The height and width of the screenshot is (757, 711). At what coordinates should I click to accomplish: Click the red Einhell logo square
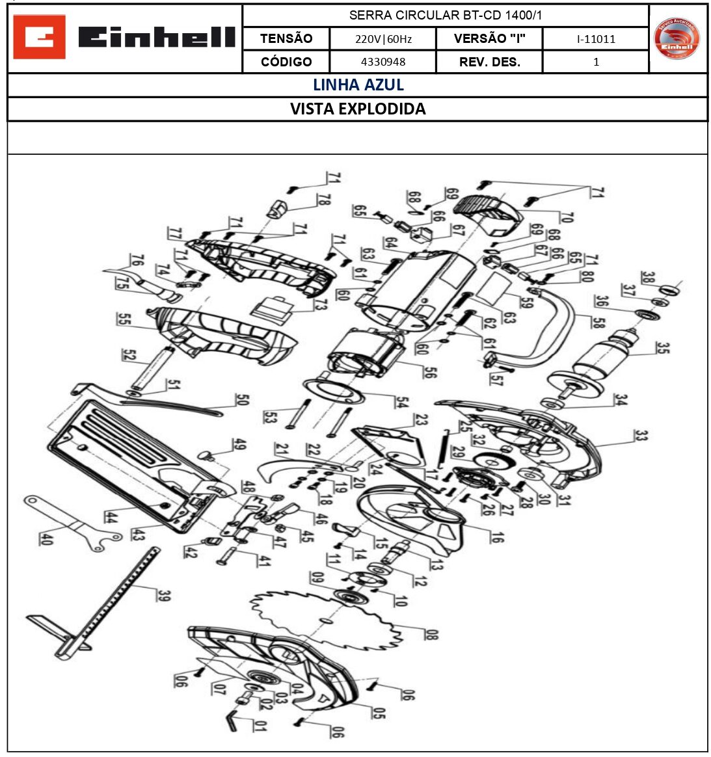(x=39, y=37)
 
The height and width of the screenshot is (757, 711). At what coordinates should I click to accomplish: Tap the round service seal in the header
(x=677, y=38)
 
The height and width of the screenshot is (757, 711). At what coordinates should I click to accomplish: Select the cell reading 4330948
(x=382, y=62)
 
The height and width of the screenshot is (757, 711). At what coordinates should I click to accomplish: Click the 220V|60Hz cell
(x=382, y=39)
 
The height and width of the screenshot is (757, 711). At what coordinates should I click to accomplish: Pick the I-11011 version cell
(x=595, y=39)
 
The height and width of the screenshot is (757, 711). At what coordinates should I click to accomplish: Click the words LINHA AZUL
(x=358, y=85)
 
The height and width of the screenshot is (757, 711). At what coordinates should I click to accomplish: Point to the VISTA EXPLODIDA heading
(x=358, y=109)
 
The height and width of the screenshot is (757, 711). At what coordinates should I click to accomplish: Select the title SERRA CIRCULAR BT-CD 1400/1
(x=445, y=15)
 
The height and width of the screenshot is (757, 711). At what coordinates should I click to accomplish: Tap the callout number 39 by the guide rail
(x=164, y=595)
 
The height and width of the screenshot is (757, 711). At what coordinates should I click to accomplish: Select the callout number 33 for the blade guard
(x=641, y=435)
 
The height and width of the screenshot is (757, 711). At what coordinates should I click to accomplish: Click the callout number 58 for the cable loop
(x=598, y=321)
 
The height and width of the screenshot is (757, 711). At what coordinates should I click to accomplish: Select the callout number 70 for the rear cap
(x=566, y=217)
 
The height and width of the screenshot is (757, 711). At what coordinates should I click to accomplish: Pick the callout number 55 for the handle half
(x=124, y=319)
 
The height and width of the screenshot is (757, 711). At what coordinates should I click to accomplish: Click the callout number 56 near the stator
(x=430, y=372)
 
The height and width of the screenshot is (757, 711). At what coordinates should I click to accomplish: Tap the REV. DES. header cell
(x=489, y=62)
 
